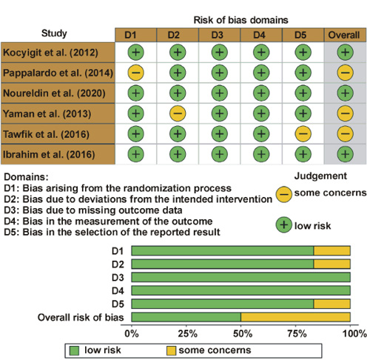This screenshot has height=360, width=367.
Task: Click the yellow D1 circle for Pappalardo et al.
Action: [135, 73]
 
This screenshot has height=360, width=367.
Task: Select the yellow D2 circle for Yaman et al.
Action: [178, 113]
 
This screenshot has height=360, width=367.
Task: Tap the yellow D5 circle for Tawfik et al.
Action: [303, 134]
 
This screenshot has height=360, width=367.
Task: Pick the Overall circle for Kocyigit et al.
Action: [345, 53]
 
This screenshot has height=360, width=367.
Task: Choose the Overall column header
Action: [345, 35]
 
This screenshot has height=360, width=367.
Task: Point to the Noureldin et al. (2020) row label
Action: [54, 93]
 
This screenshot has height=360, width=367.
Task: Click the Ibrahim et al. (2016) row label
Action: [49, 154]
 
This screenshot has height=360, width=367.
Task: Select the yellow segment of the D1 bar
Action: [332, 250]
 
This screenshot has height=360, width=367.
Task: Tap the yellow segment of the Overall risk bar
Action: [295, 317]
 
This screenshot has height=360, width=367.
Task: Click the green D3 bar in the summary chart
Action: [241, 277]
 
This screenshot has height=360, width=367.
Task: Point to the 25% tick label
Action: [188, 334]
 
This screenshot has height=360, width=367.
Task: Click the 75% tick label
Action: [297, 334]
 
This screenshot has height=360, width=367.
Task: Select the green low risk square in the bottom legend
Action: [74, 350]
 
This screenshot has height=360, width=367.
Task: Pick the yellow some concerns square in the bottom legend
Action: [171, 350]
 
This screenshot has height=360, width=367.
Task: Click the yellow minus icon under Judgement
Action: [284, 194]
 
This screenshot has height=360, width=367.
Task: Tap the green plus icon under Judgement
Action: [284, 225]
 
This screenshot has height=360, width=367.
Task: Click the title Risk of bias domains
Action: [240, 20]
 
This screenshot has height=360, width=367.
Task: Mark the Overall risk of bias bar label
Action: [81, 317]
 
